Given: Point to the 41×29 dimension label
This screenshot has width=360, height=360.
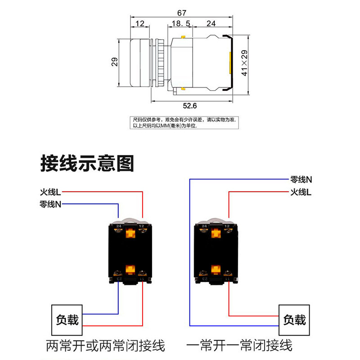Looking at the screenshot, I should click(x=245, y=63).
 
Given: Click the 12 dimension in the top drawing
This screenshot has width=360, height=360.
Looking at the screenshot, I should click(x=139, y=23).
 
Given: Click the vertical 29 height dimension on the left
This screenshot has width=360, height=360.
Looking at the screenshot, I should click(x=115, y=62).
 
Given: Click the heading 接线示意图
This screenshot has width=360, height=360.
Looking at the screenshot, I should click(x=87, y=163).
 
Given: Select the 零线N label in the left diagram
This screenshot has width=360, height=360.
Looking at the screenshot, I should click(x=50, y=204).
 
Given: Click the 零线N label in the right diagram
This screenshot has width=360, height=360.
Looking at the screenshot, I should click(x=301, y=179).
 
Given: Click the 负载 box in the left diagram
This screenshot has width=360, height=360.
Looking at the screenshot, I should click(x=67, y=319).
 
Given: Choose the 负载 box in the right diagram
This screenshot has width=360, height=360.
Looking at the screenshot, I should click(x=294, y=319).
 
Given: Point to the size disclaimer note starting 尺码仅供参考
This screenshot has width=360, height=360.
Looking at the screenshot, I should click(x=184, y=123).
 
